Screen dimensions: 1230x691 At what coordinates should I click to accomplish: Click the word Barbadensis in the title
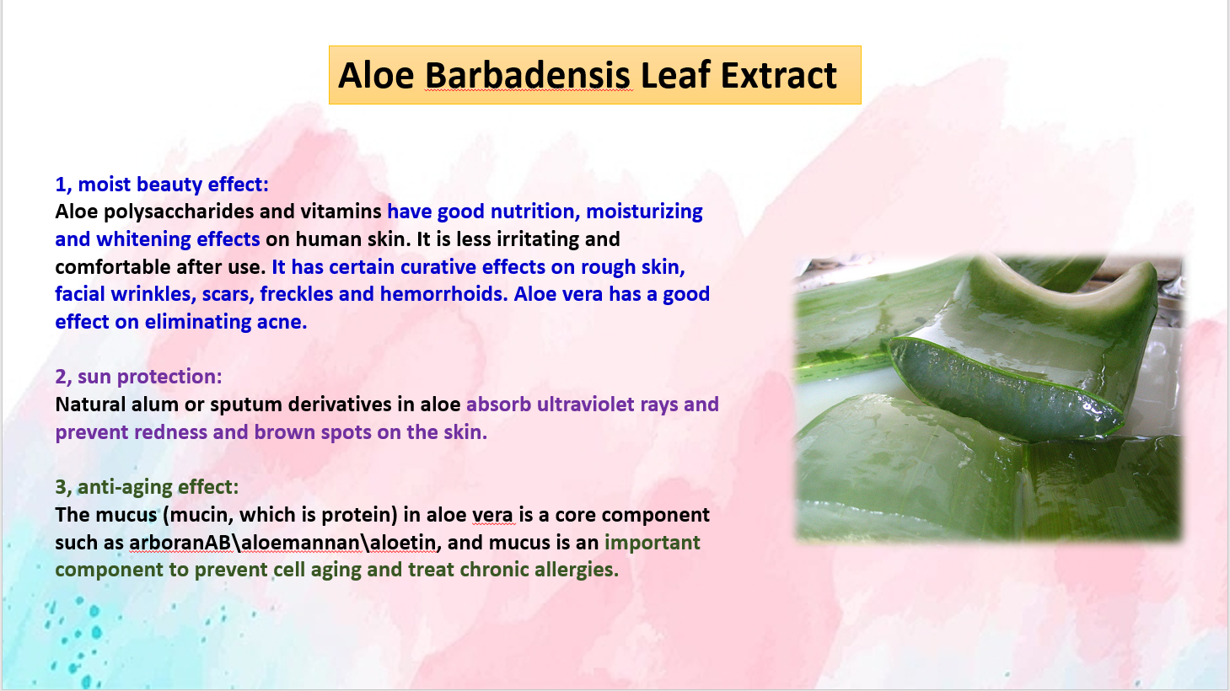click(x=528, y=75)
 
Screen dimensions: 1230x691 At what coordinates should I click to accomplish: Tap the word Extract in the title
click(x=779, y=75)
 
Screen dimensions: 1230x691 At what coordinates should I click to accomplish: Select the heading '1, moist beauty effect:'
click(x=162, y=185)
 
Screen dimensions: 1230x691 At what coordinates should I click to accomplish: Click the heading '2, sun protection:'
click(x=138, y=377)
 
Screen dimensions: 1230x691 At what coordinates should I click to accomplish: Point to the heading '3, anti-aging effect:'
click(x=148, y=487)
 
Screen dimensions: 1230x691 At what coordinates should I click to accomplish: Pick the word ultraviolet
click(x=588, y=404)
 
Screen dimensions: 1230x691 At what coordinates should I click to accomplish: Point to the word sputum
click(x=246, y=405)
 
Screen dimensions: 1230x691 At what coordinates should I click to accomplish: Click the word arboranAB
click(x=180, y=543)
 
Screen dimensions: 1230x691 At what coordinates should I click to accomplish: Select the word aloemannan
click(x=301, y=543)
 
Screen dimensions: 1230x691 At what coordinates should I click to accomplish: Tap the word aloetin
click(x=403, y=543)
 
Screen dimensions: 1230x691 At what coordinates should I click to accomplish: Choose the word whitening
click(x=143, y=240)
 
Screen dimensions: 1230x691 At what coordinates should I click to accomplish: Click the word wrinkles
click(x=150, y=295)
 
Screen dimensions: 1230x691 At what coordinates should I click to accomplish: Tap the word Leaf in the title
click(x=675, y=75)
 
